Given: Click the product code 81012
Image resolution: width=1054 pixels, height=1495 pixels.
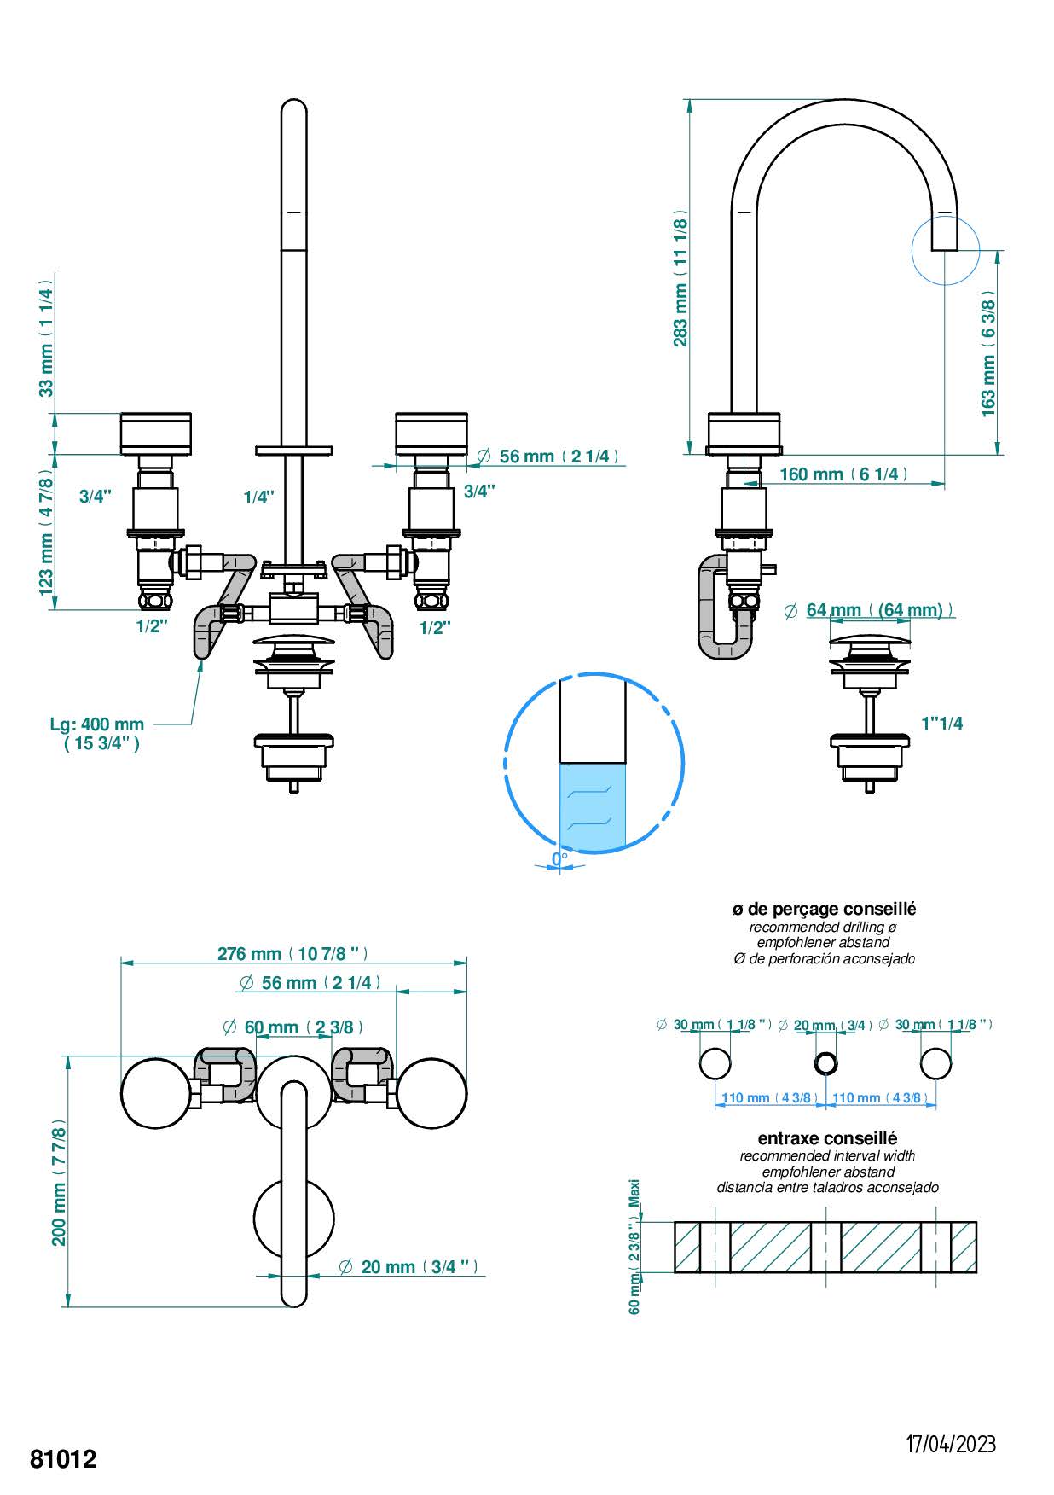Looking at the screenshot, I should pos(63,1458).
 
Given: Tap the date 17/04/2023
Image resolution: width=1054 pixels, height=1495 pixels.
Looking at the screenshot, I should pos(950,1444).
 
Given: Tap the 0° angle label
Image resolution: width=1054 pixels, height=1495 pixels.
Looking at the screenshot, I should pos(559,858).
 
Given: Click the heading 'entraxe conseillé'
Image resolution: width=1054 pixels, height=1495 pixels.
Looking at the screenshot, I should pos(827,1138).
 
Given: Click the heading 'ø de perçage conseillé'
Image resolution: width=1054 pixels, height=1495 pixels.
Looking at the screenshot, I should pos(824,910).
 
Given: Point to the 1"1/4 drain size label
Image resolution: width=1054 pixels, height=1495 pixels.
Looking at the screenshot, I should pos(942,724).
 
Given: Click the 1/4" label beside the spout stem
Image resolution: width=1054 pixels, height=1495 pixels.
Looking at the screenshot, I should pos(258,497).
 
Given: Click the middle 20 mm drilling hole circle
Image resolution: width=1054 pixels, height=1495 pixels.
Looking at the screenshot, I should pos(826,1063).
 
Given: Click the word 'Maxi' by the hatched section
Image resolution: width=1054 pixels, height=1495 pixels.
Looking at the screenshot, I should pos(634,1193).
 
